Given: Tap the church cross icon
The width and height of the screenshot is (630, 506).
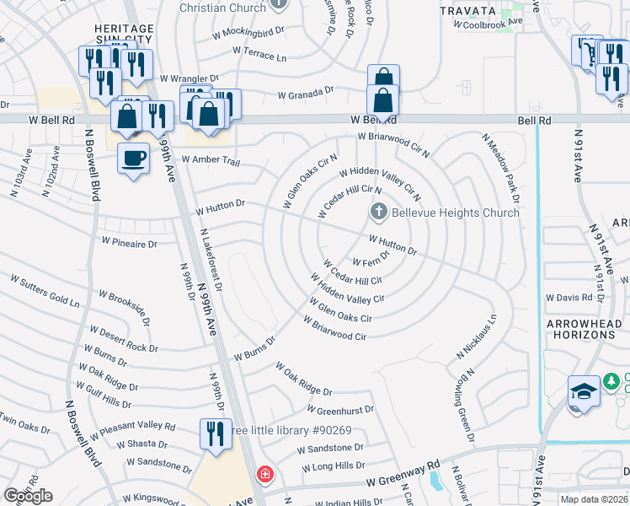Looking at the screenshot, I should pyautogui.click(x=378, y=213).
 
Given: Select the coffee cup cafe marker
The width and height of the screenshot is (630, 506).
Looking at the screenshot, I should pyautogui.click(x=133, y=158).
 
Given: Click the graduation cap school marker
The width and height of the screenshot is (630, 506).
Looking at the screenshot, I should pyautogui.click(x=584, y=392).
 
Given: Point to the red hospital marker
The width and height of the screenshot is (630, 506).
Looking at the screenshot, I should pyautogui.click(x=265, y=475).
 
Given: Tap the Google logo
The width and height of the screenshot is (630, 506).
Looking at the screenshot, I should pyautogui.click(x=28, y=496).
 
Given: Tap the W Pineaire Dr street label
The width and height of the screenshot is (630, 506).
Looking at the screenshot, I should pyautogui.click(x=129, y=243).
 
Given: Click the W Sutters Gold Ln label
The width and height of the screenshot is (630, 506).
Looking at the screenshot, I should pyautogui.click(x=45, y=289).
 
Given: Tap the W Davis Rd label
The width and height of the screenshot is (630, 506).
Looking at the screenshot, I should pyautogui.click(x=569, y=298).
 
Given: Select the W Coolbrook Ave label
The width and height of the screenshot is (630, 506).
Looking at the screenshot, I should pyautogui.click(x=489, y=24).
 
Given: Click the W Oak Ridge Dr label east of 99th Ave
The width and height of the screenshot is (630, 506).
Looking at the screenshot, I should pyautogui.click(x=304, y=379).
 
